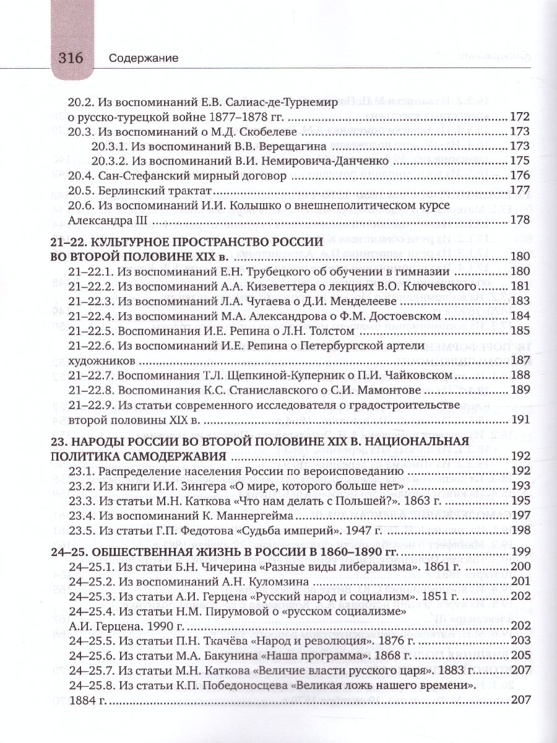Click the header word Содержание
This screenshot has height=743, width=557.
tap(143, 59)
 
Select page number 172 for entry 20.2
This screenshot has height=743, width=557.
tap(519, 117)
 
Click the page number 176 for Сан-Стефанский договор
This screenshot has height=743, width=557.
tap(519, 175)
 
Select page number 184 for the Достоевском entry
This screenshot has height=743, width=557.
tap(519, 315)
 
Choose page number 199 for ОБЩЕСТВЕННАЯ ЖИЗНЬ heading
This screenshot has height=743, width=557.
tap(519, 554)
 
